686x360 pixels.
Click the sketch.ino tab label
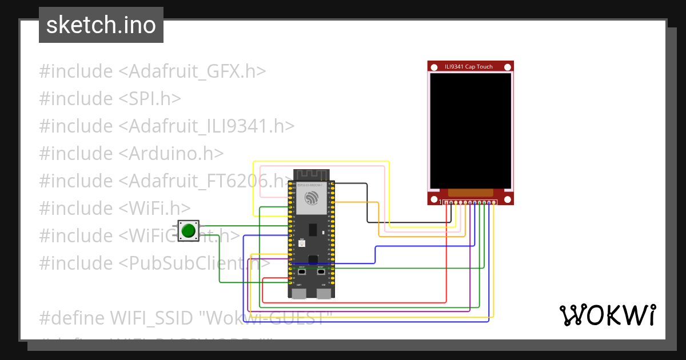[x=101, y=25]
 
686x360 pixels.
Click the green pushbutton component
[x=188, y=230]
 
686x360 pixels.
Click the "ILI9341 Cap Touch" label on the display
[x=469, y=67]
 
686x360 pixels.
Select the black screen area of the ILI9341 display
[x=470, y=131]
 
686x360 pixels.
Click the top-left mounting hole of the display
[x=433, y=67]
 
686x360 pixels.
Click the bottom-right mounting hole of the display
[x=507, y=200]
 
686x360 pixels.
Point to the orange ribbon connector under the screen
[x=470, y=193]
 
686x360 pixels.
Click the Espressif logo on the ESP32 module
[x=312, y=198]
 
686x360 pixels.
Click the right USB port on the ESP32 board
[x=324, y=293]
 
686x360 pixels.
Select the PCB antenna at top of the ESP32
[x=312, y=175]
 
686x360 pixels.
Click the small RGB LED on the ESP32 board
[x=302, y=243]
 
